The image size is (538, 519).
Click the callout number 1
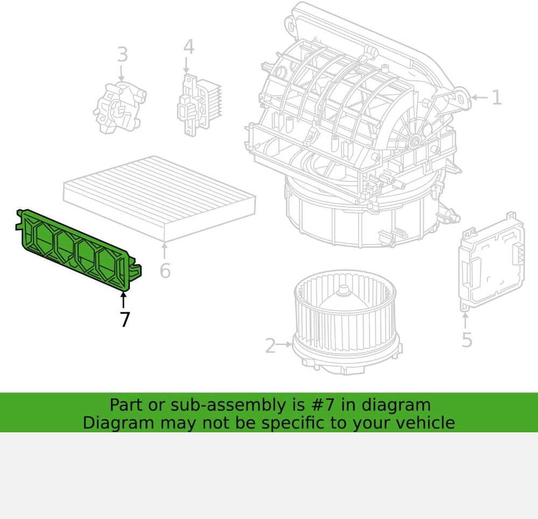(x=497, y=97)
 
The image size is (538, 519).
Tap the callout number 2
(x=270, y=345)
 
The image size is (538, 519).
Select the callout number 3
(x=122, y=54)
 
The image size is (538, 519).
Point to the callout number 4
(x=188, y=47)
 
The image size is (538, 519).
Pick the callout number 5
(x=467, y=340)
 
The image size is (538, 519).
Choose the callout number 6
(x=165, y=271)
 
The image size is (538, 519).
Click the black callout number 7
(x=125, y=319)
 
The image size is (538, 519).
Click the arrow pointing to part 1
(x=480, y=97)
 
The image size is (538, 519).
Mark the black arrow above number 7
(x=123, y=299)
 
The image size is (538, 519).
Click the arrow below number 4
(x=186, y=65)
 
